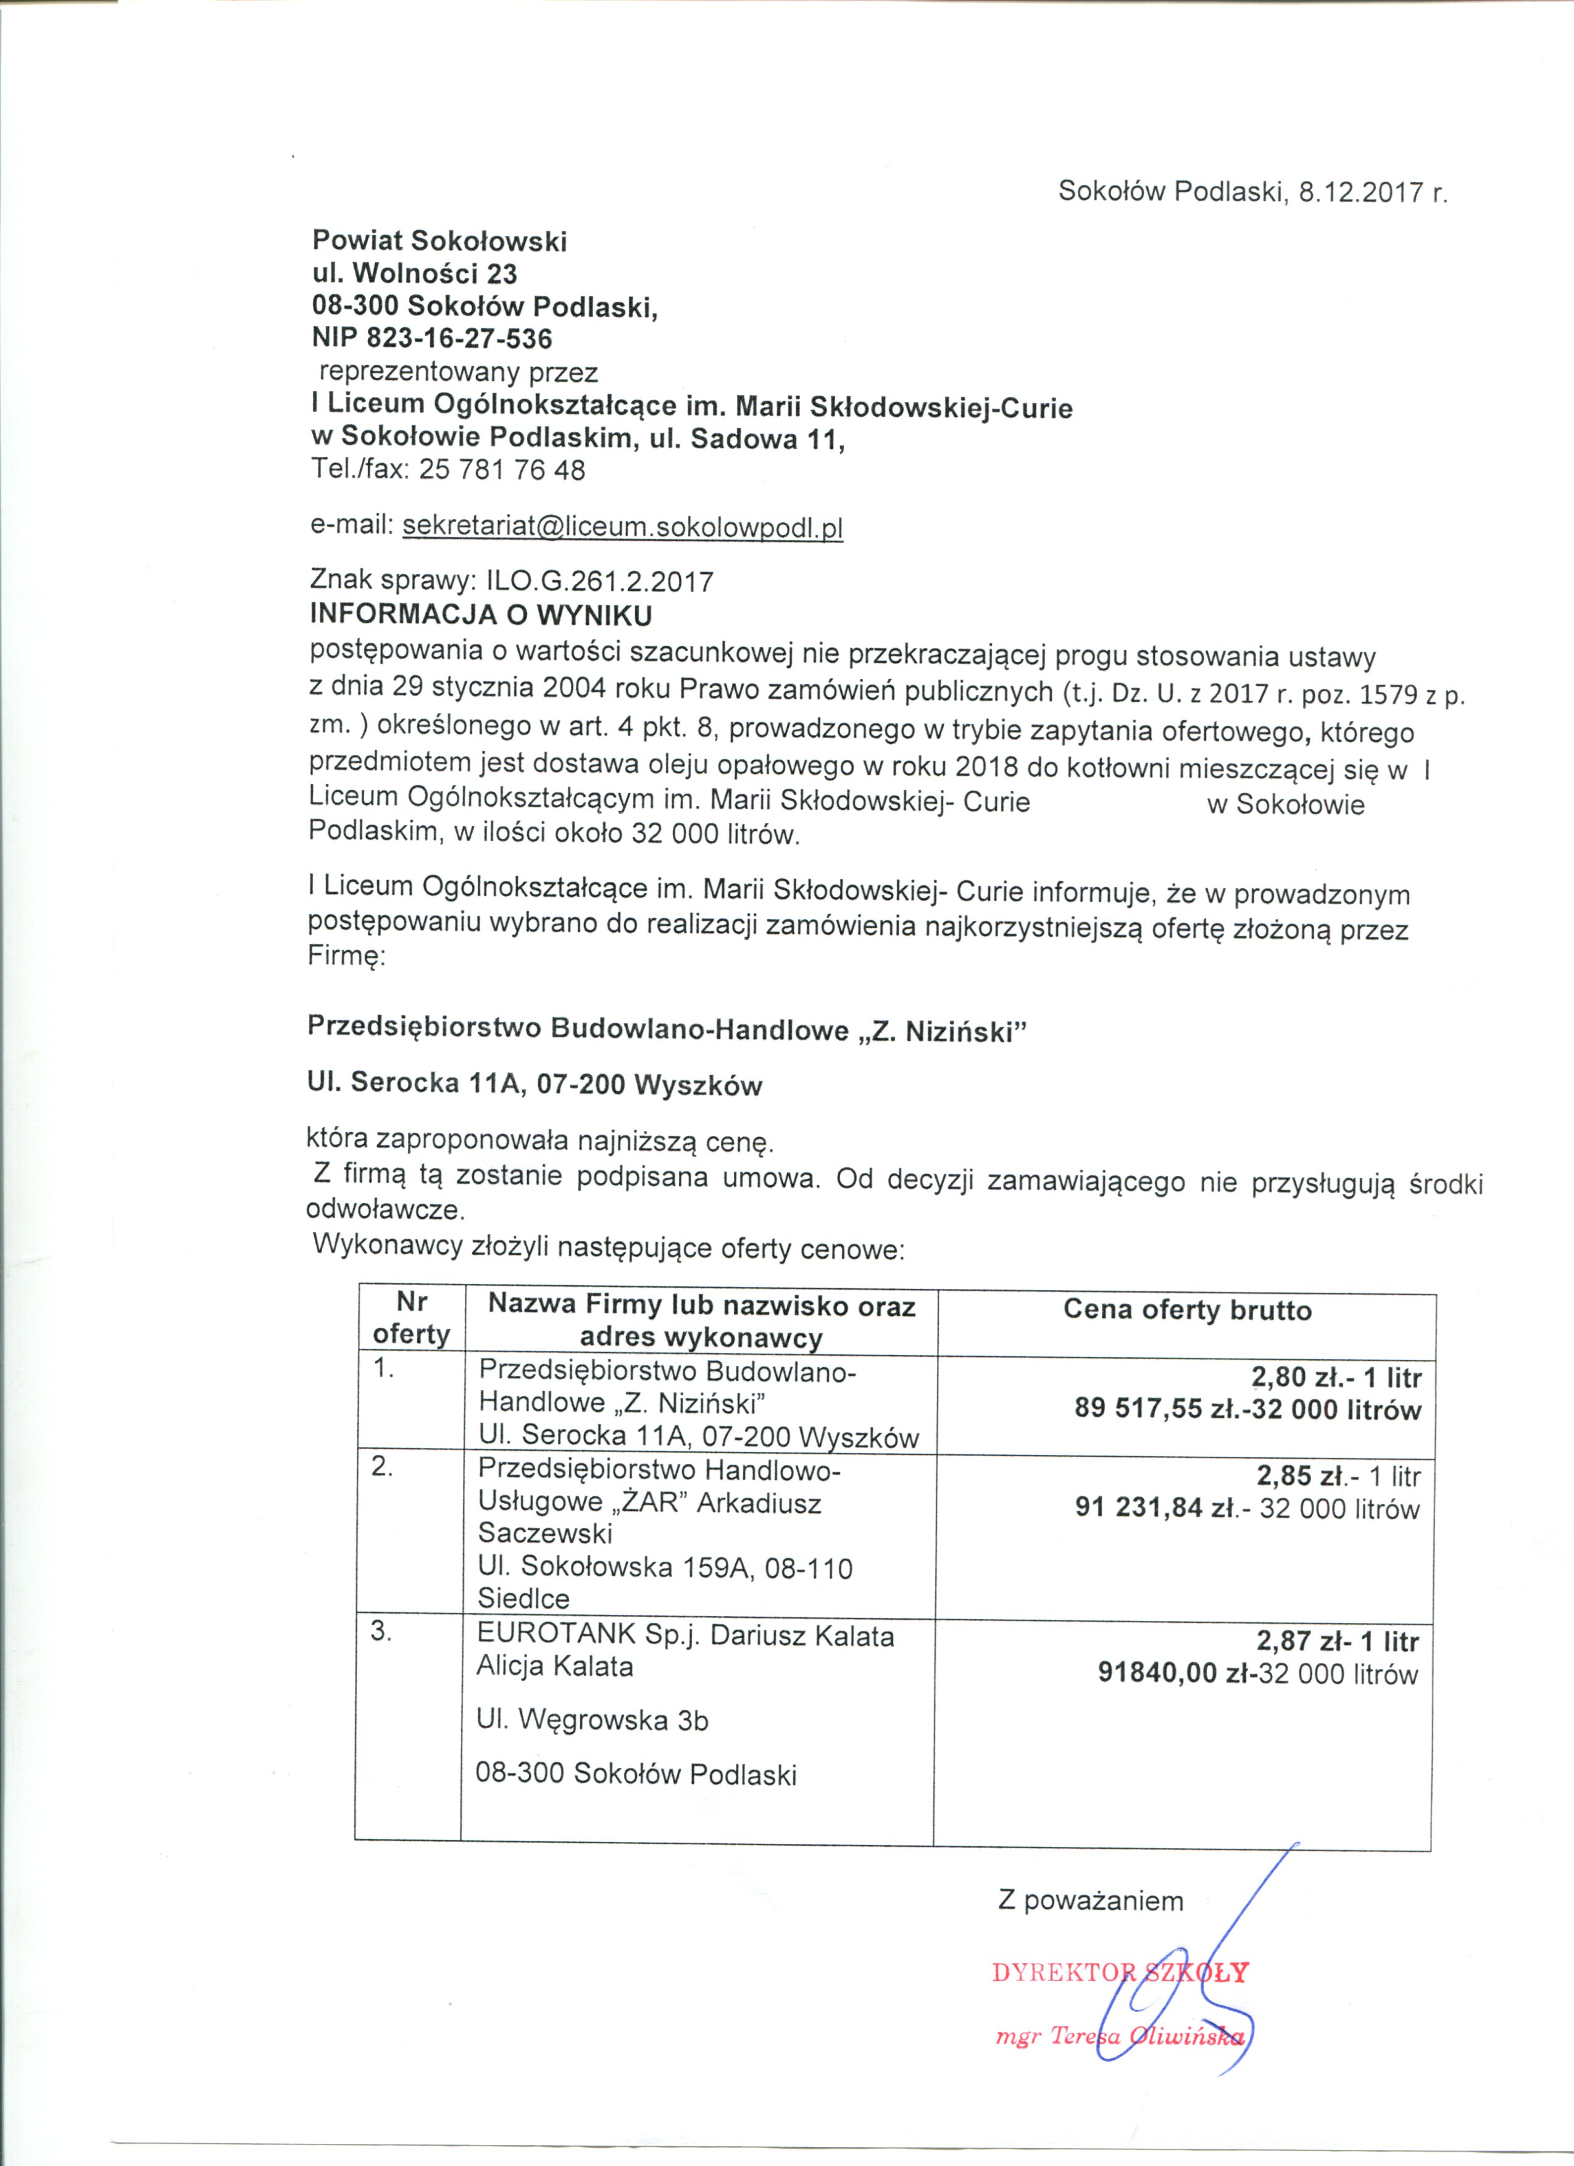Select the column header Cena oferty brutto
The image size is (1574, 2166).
[x=1187, y=1310]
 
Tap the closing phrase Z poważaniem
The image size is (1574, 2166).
[x=1091, y=1901]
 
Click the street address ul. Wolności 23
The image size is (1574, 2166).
[x=415, y=274]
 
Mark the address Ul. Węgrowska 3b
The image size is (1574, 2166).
[x=592, y=1720]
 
